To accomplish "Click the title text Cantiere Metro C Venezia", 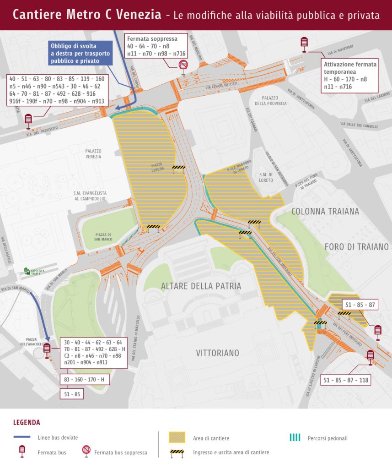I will coord(87,15).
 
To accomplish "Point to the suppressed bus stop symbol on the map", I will coord(183,65).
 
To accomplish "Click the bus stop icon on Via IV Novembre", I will coord(304,44).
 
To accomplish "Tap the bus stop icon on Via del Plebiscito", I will coord(28,120).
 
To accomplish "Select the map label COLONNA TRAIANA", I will coord(325,212).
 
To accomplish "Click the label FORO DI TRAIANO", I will coord(356,247).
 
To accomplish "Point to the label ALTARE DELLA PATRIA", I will coord(201,286).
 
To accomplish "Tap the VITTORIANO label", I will coord(217,353).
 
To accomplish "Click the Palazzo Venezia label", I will coord(93,154).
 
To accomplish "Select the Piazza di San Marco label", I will coord(103,237).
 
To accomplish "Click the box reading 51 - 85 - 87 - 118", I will coord(345,380).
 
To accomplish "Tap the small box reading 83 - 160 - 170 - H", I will coord(83,380).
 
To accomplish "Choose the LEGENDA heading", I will coord(27,422).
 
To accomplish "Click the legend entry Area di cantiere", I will coord(211,438).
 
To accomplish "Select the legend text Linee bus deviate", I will coord(58,438).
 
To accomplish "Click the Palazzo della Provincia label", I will coord(274,101).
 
